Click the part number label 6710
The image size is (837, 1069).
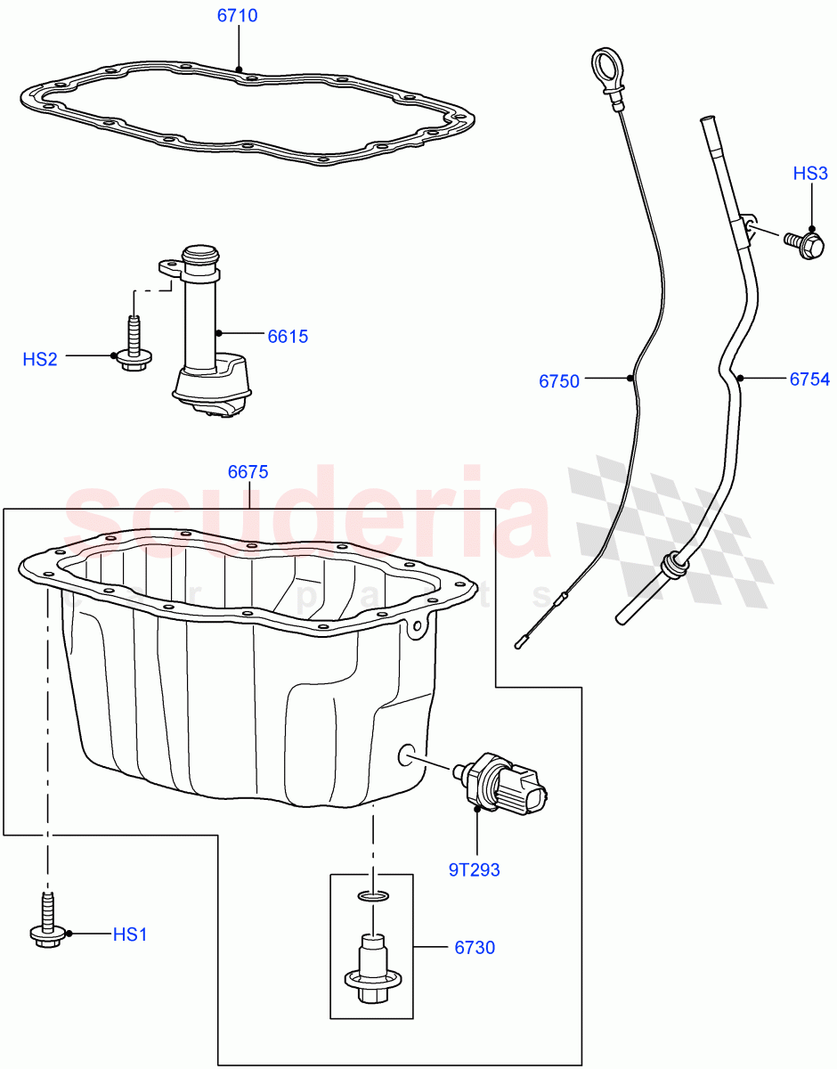(x=238, y=16)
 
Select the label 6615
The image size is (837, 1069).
(x=288, y=336)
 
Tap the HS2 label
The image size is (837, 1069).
(x=40, y=359)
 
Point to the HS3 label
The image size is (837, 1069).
(x=810, y=174)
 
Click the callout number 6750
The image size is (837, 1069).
(x=558, y=381)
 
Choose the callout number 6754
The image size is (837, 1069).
(x=809, y=379)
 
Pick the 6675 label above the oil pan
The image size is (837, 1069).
(x=248, y=472)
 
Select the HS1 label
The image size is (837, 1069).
(x=129, y=934)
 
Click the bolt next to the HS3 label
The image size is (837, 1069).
(x=803, y=241)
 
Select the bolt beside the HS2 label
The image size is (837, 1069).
(x=134, y=349)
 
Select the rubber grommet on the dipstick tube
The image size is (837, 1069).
(x=673, y=566)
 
